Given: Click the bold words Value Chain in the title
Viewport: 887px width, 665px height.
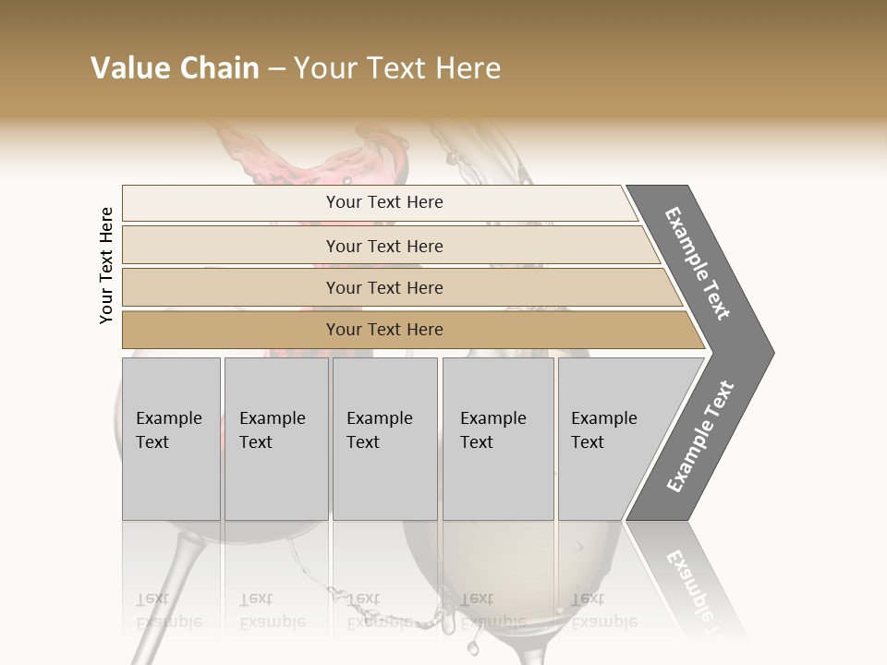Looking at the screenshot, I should [x=175, y=68].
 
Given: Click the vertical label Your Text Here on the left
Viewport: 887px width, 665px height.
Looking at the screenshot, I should [x=106, y=265].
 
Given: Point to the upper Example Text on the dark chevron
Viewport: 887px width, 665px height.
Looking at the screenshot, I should [x=698, y=263].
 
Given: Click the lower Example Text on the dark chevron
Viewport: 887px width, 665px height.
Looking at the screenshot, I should [x=699, y=437].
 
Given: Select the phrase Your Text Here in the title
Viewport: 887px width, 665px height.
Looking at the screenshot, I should [x=397, y=68].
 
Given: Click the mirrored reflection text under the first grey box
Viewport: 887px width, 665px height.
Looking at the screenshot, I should [x=169, y=611].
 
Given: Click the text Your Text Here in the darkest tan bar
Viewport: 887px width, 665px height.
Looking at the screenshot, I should [x=384, y=330].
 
